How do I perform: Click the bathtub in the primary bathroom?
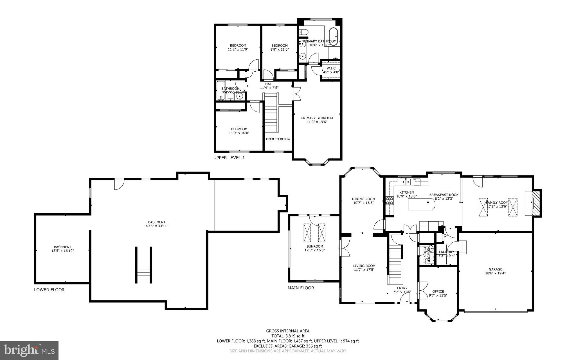(334, 36)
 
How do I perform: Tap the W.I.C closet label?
(331, 68)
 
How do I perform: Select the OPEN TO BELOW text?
(278, 139)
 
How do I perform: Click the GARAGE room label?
(495, 269)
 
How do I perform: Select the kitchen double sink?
(406, 182)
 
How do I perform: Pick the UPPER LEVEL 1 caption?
(229, 158)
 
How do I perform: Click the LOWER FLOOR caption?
(49, 290)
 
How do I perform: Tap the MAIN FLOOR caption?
(301, 288)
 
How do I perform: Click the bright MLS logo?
(29, 350)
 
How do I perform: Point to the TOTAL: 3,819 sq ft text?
(288, 336)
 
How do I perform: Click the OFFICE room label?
(438, 291)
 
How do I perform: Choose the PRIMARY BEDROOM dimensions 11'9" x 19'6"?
(317, 122)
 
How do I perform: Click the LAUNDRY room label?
(446, 252)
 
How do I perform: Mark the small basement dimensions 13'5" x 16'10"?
(62, 251)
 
